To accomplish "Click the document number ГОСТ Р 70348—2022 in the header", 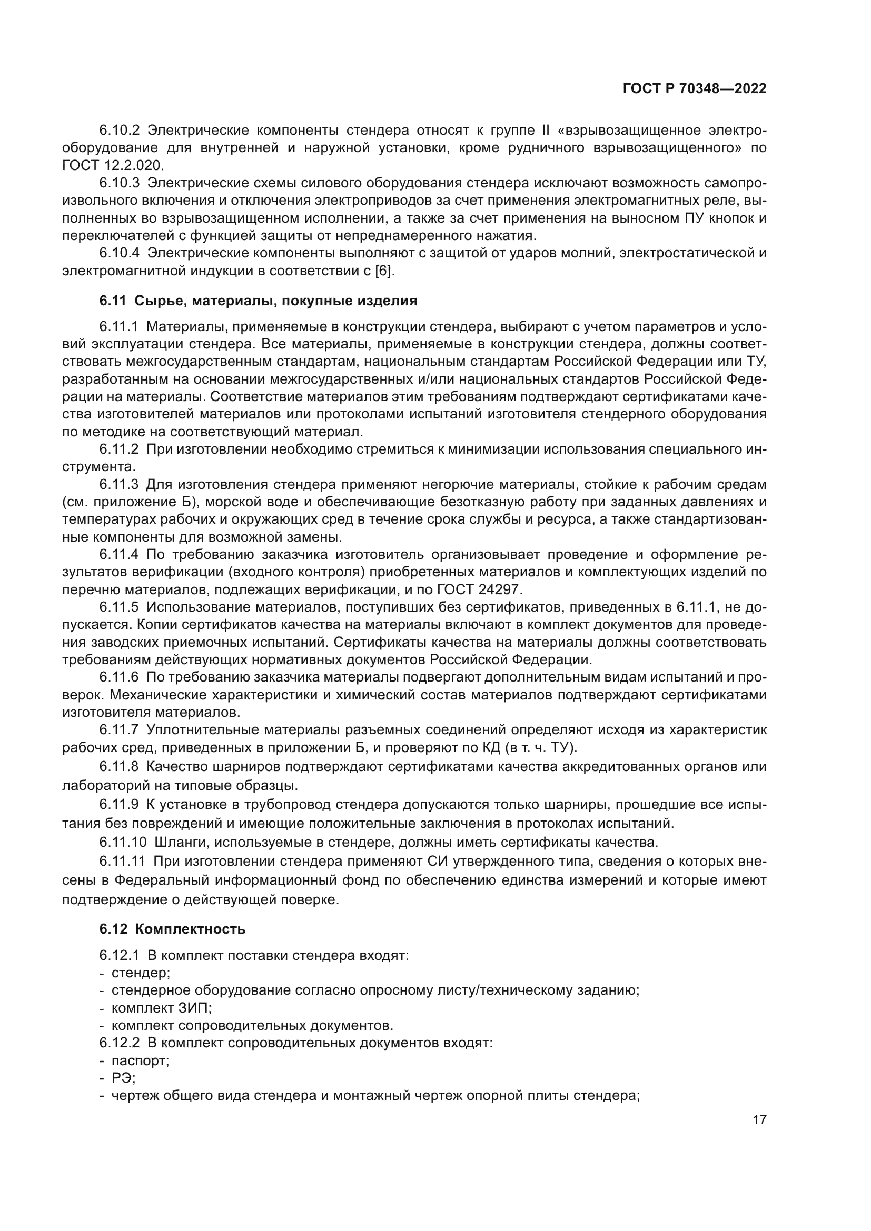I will point(695,89).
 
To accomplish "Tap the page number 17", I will point(759,1120).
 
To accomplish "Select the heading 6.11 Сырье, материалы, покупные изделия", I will point(258,301).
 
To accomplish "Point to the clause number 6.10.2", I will point(119,131).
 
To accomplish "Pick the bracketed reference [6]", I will point(384,271).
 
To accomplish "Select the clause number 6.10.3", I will point(119,183).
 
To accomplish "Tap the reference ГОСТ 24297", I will point(479,590).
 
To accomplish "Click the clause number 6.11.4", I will point(118,554).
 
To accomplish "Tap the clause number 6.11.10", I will point(123,842).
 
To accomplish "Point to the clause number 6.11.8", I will point(118,767).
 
